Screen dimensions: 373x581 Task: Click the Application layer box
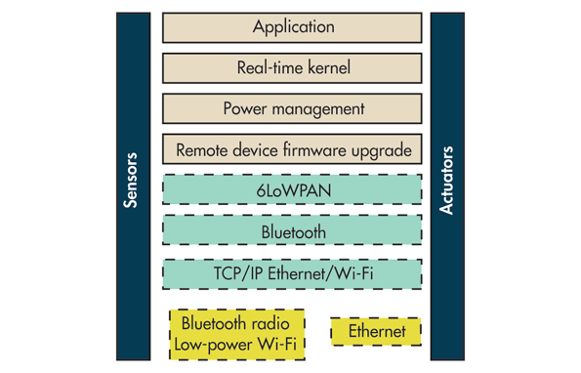[292, 27]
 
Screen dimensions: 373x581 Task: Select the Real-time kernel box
[292, 68]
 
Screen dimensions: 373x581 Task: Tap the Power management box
[292, 109]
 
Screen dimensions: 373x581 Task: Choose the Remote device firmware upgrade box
[292, 150]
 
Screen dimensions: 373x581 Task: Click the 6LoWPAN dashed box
[292, 189]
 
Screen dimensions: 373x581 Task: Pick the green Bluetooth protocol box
[292, 231]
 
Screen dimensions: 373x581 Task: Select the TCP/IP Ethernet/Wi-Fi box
[292, 273]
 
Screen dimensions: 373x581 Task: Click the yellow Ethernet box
[376, 332]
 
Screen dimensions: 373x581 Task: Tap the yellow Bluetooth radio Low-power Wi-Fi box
[237, 334]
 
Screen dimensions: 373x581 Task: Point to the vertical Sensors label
[132, 180]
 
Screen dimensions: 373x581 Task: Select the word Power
[244, 109]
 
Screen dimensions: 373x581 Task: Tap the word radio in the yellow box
[272, 323]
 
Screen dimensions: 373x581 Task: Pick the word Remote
[203, 151]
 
